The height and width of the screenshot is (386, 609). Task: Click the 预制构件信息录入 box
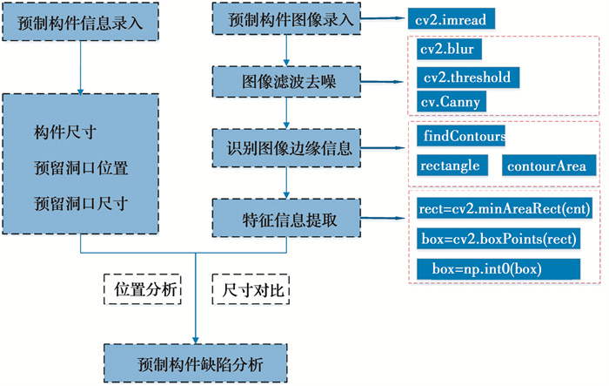(x=80, y=21)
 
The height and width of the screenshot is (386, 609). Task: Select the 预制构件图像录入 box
(x=286, y=18)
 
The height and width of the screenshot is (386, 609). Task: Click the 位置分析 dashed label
(x=142, y=288)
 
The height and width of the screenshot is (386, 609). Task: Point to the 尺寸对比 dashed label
(x=250, y=288)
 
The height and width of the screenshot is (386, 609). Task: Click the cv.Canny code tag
(x=449, y=102)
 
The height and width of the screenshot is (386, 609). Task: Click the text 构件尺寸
(x=65, y=132)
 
